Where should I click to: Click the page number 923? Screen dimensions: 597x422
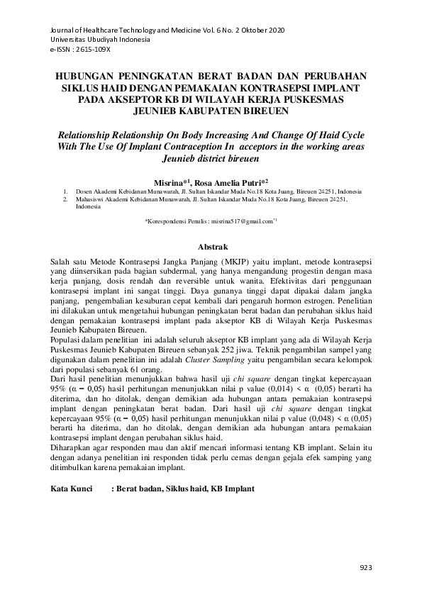coord(366,567)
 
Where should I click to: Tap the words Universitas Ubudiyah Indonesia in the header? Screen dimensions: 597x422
coord(100,41)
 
